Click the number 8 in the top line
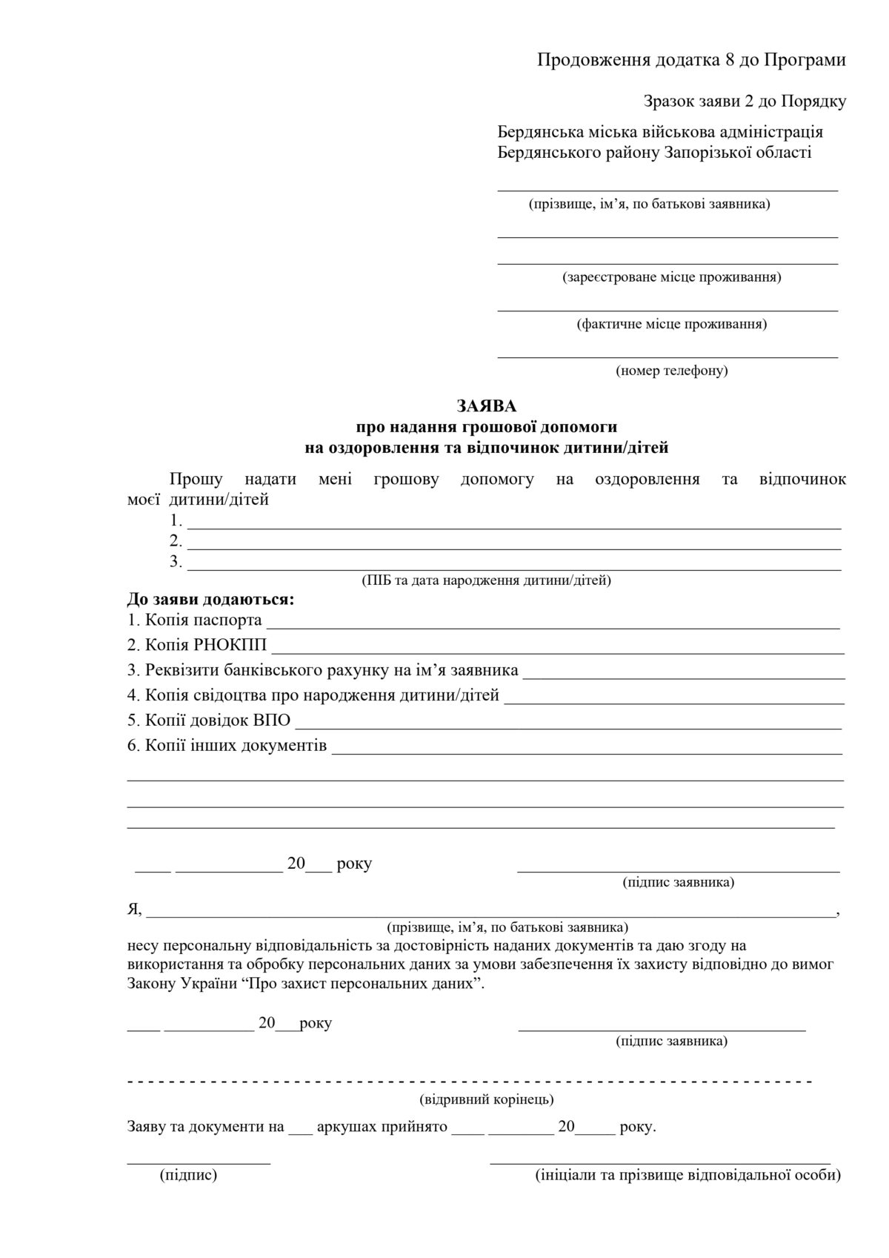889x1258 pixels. click(x=729, y=61)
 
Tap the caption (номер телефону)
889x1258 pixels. click(x=671, y=371)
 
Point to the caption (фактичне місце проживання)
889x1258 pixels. click(x=671, y=324)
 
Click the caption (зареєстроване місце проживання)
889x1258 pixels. click(x=671, y=277)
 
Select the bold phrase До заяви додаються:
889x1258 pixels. click(x=211, y=597)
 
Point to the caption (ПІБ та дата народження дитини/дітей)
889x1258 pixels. click(x=486, y=580)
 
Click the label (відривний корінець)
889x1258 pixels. click(x=486, y=1099)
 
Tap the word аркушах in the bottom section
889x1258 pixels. click(x=346, y=1128)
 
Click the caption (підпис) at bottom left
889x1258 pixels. click(x=188, y=1176)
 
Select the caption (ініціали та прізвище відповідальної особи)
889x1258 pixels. click(x=687, y=1176)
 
